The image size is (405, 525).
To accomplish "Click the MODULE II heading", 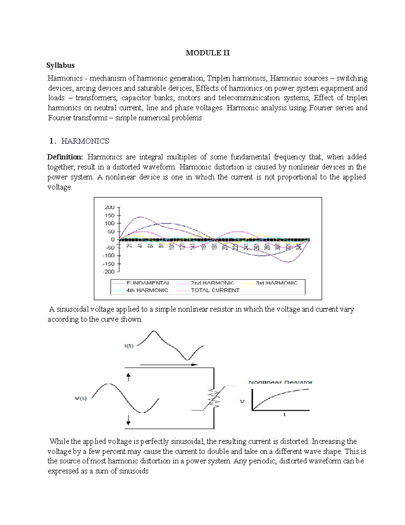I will (x=208, y=53).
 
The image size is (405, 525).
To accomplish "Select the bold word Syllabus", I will (x=60, y=65).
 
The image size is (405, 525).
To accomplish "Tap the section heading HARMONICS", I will (x=85, y=141).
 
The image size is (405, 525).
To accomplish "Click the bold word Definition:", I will (x=65, y=157).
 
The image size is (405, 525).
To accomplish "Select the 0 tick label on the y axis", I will (x=112, y=239).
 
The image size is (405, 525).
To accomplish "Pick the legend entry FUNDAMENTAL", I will (x=148, y=283).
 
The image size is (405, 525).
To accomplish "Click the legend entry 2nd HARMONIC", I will (x=212, y=283).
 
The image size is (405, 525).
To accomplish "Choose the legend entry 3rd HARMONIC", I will (x=276, y=283).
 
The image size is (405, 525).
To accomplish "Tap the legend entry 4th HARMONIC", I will (x=147, y=290).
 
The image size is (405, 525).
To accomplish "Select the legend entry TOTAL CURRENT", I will (x=215, y=290).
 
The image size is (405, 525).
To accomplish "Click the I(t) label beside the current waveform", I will (x=129, y=346).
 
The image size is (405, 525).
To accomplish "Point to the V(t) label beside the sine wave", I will (x=81, y=398).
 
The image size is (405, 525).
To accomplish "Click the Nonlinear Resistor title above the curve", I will (x=280, y=382).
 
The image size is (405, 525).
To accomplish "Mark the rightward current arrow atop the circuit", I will (x=169, y=365).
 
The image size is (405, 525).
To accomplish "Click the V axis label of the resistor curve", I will (x=242, y=401).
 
